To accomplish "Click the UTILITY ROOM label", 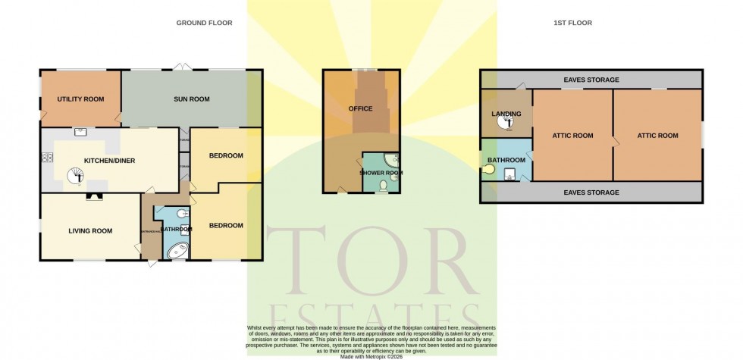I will pyautogui.click(x=81, y=99).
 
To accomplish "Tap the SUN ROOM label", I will pyautogui.click(x=191, y=99).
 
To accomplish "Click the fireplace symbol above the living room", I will pyautogui.click(x=93, y=195).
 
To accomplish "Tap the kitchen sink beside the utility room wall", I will pyautogui.click(x=81, y=132).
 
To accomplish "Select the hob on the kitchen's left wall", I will pyautogui.click(x=47, y=158).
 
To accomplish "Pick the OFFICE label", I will pyautogui.click(x=361, y=108).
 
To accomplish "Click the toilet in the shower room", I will pyautogui.click(x=384, y=185).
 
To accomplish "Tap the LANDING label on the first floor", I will pyautogui.click(x=506, y=114).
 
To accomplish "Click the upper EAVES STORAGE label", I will pyautogui.click(x=591, y=80).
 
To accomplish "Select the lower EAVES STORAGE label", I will pyautogui.click(x=591, y=193).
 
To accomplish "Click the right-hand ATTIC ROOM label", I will pyautogui.click(x=657, y=136).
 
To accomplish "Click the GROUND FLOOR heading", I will pyautogui.click(x=204, y=23).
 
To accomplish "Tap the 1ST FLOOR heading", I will pyautogui.click(x=572, y=23).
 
